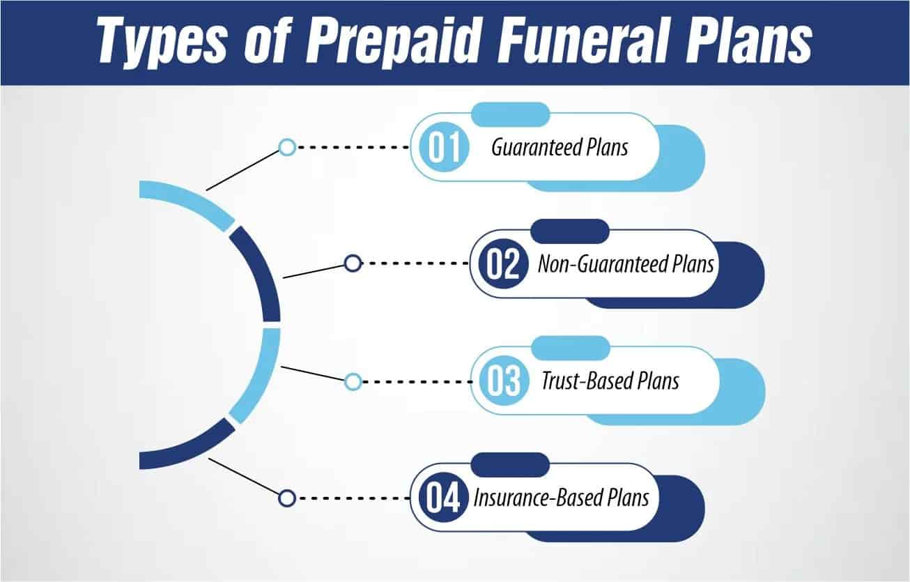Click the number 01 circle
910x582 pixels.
[437, 148]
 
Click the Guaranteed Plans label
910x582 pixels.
[560, 148]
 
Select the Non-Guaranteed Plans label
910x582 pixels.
[626, 265]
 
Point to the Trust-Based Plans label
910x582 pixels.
[610, 382]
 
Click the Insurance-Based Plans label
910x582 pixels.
[562, 498]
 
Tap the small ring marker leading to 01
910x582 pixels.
[287, 147]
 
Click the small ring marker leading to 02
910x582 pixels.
[353, 263]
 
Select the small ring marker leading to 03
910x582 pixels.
[353, 381]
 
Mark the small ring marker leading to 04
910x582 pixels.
[287, 498]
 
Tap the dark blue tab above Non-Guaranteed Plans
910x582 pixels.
[569, 231]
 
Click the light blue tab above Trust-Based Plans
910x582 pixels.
[569, 347]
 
